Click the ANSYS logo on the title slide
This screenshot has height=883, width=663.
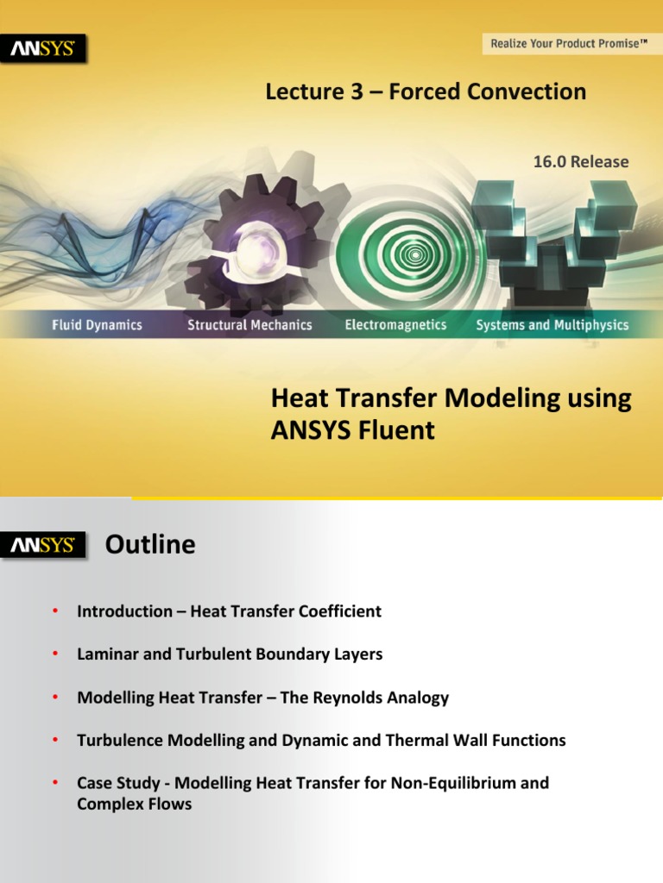click(x=47, y=49)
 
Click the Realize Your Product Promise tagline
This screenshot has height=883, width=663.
click(x=568, y=42)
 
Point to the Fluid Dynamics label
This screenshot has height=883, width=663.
click(x=96, y=325)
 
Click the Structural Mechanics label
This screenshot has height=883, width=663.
click(x=249, y=325)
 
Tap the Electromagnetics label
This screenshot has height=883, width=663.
click(x=395, y=325)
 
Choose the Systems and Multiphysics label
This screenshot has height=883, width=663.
click(x=552, y=325)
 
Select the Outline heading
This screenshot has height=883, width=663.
click(x=150, y=545)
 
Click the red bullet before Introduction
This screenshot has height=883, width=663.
click(x=54, y=611)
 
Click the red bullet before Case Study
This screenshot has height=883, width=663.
click(x=54, y=783)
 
